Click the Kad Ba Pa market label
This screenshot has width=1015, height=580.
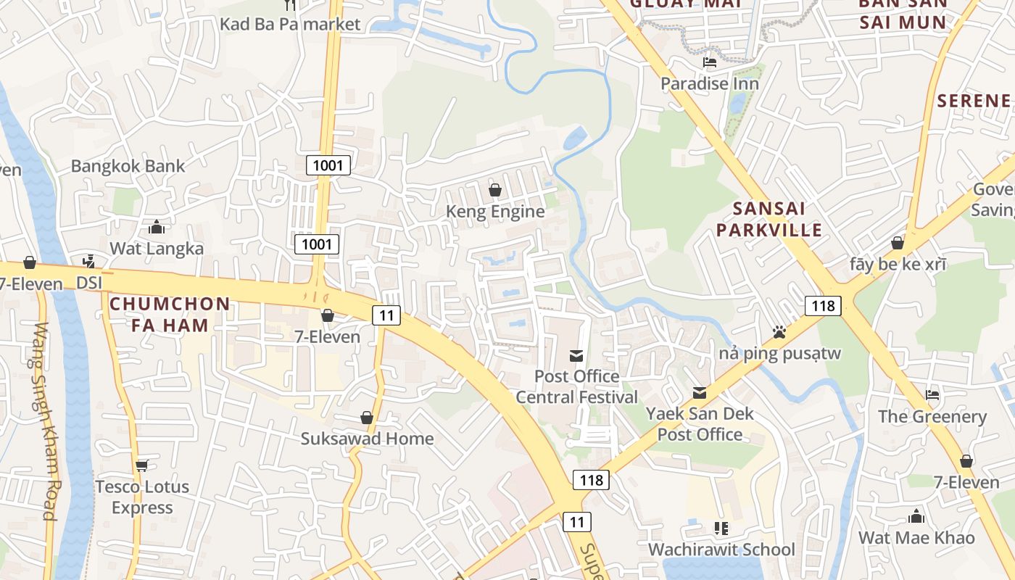(x=290, y=24)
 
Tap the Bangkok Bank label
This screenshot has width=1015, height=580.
(x=128, y=166)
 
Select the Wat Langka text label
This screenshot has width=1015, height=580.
(x=157, y=249)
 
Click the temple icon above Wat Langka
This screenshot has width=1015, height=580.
(x=157, y=228)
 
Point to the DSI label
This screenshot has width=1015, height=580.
(x=90, y=282)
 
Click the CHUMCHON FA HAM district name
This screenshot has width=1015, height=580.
(x=170, y=314)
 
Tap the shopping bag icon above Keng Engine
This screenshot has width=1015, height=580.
(x=495, y=190)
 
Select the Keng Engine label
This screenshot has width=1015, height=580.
(x=495, y=212)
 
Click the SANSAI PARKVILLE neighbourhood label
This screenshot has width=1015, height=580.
(x=777, y=220)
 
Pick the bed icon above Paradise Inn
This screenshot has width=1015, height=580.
(x=710, y=62)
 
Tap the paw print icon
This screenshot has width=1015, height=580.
(x=779, y=332)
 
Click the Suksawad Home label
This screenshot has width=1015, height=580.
(x=367, y=439)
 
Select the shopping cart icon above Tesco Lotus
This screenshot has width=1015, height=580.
(x=142, y=465)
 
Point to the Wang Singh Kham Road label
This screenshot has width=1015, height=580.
(x=44, y=421)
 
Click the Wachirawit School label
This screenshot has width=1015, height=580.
(x=721, y=550)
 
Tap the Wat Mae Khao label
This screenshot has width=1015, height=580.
(x=916, y=538)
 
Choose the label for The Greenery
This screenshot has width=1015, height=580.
(x=932, y=417)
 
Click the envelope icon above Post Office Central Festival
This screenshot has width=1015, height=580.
(x=576, y=355)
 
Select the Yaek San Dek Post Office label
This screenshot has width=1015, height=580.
(x=700, y=424)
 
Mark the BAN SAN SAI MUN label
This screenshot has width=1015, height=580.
(x=903, y=13)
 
